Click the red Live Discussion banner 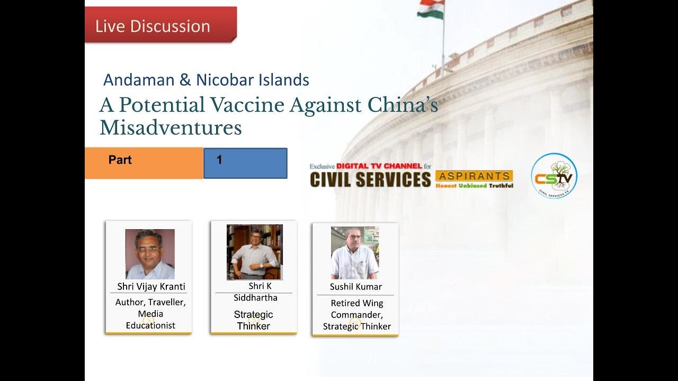click(160, 24)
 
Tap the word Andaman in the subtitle click(139, 80)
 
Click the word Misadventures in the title click(171, 128)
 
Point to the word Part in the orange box click(120, 160)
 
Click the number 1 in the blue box click(219, 160)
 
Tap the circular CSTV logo click(554, 176)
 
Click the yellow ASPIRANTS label click(474, 176)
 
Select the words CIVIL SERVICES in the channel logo click(370, 179)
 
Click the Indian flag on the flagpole click(431, 9)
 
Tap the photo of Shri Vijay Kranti click(150, 254)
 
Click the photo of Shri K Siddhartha click(255, 252)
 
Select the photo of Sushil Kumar click(355, 253)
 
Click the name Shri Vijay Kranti click(151, 286)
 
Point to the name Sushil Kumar click(355, 287)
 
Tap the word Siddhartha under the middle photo click(255, 297)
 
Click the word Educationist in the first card click(150, 325)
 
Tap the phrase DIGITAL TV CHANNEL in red click(379, 166)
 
